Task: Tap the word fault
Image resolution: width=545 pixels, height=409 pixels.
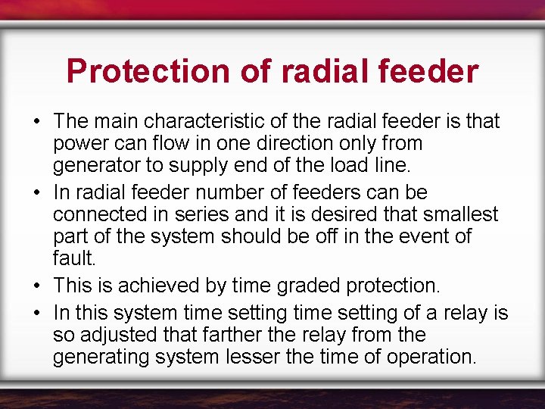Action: click(73, 258)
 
